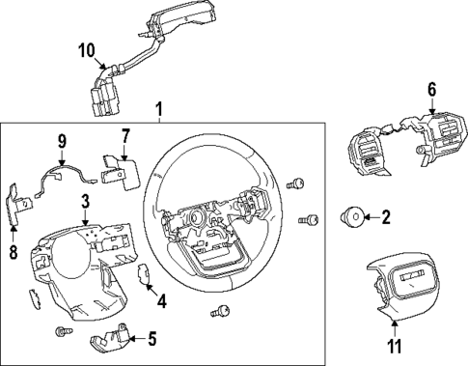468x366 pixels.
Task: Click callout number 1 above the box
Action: (160, 111)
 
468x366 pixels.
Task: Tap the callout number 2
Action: (386, 218)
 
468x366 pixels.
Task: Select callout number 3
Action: (86, 201)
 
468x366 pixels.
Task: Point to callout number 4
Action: (161, 301)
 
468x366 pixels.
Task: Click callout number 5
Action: (151, 338)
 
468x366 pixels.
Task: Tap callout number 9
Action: (61, 141)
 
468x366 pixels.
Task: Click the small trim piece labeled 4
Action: (145, 276)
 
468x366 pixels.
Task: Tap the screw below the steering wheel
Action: (224, 310)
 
